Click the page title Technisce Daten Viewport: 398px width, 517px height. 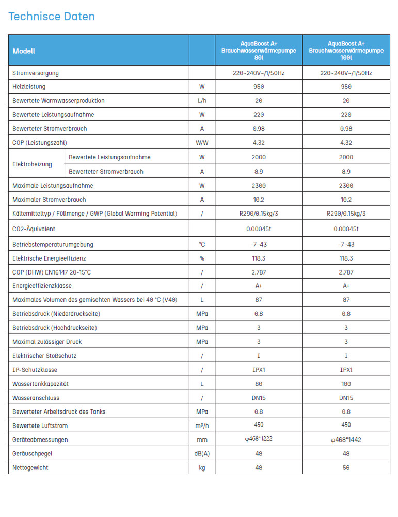(x=52, y=17)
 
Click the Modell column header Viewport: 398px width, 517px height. (x=24, y=51)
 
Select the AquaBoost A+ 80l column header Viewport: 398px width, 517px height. (x=259, y=51)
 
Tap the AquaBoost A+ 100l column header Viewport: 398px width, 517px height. (x=346, y=51)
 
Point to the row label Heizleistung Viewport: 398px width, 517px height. (x=29, y=87)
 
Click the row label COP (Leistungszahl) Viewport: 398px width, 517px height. (x=40, y=142)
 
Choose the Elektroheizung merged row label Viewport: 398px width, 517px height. (x=32, y=164)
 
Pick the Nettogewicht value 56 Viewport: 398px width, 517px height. (x=346, y=467)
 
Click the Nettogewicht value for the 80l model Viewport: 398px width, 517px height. (x=259, y=467)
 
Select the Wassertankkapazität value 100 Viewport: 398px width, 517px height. (x=346, y=384)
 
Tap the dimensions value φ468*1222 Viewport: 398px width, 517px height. (x=259, y=439)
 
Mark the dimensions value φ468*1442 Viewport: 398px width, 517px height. (x=346, y=439)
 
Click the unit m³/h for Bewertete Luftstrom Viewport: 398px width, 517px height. (x=202, y=425)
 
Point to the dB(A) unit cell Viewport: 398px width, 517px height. (x=202, y=453)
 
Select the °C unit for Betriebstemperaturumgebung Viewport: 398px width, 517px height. (x=202, y=244)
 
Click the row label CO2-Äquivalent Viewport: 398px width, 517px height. (x=34, y=229)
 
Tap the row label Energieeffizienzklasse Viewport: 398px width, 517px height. (x=42, y=286)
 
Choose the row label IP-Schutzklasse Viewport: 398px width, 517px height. (x=35, y=370)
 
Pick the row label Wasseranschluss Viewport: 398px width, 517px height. (x=36, y=398)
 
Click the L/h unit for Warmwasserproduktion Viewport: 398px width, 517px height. (x=202, y=101)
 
